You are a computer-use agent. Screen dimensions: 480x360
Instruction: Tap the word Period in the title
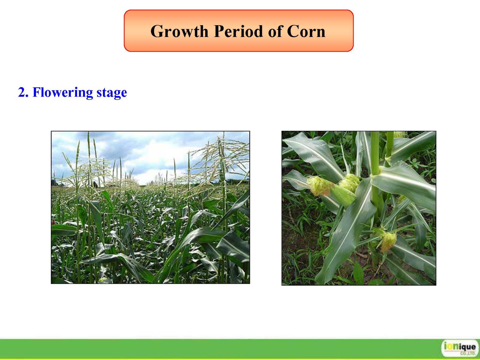238,31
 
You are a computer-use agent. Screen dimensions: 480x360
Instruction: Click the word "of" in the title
274,31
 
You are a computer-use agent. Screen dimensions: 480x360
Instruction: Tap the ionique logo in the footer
459,348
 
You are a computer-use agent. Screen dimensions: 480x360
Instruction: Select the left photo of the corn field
151,207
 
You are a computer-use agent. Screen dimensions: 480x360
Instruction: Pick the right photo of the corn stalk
359,208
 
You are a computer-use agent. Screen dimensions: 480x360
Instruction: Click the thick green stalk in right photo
375,175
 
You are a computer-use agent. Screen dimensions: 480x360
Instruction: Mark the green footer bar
240,349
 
